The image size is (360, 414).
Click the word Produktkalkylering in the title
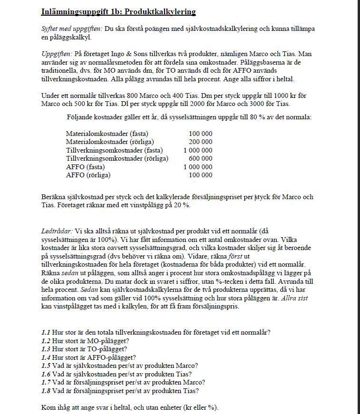tap(154, 11)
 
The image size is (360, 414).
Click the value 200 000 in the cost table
tap(200, 142)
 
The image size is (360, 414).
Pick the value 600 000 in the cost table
tap(200, 158)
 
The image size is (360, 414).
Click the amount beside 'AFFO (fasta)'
tap(197, 167)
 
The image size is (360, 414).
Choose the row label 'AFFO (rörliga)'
tap(88, 175)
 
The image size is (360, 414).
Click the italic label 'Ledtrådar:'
tap(58, 231)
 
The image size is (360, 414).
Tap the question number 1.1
tap(46, 332)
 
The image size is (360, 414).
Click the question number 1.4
tap(46, 357)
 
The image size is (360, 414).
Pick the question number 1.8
tap(46, 391)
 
